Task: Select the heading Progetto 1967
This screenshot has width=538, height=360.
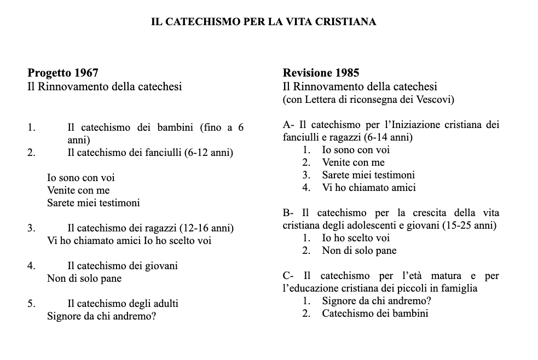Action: click(x=63, y=73)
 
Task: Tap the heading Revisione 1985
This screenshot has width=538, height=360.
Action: click(x=321, y=73)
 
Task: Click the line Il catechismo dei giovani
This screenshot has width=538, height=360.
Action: click(x=123, y=266)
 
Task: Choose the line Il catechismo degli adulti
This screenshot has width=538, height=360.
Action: click(x=123, y=303)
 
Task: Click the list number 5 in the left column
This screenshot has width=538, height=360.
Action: click(x=31, y=303)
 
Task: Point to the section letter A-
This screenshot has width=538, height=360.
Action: click(x=289, y=125)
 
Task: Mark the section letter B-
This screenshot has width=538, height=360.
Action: click(x=289, y=213)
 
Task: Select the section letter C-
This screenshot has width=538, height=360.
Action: click(x=290, y=276)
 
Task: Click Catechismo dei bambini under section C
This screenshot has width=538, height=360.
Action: click(x=375, y=313)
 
